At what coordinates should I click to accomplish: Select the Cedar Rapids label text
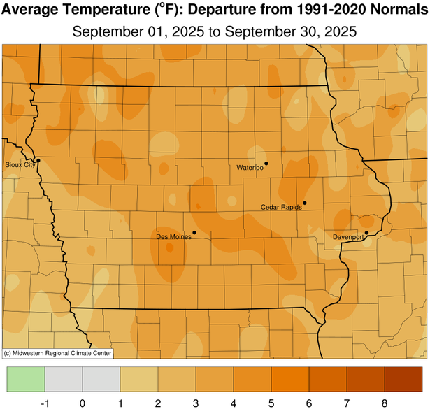tap(281, 208)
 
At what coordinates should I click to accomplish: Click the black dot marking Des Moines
tap(194, 233)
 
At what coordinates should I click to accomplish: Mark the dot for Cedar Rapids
tap(305, 203)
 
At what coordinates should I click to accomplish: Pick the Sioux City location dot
tap(38, 161)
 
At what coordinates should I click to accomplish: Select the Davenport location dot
tap(366, 233)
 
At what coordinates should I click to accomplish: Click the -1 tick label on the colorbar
tap(45, 402)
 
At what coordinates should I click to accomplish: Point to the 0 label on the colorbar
tap(83, 402)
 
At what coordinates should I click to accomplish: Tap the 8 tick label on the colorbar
tap(384, 402)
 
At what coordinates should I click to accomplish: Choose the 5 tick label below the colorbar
tap(271, 402)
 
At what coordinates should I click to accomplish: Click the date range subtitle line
tap(215, 32)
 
